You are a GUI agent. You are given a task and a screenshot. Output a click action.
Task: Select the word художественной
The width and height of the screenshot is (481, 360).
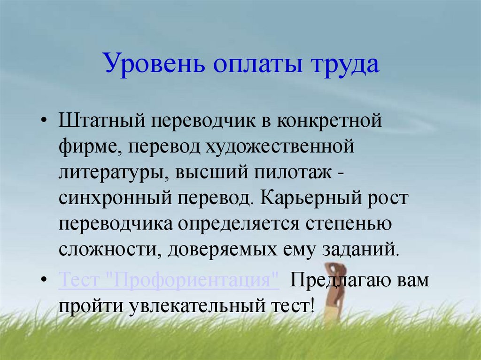coord(279,146)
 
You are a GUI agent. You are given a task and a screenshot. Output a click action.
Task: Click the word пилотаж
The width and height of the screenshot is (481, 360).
coord(293,173)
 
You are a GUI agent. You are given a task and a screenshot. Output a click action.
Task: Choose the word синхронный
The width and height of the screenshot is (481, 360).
coord(115,199)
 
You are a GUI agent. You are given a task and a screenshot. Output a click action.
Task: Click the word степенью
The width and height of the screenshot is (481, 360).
coord(349,225)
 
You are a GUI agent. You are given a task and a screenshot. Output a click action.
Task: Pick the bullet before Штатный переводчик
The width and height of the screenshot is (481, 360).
coord(44,121)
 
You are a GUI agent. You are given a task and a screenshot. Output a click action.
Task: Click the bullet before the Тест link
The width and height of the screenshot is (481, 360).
coord(44,280)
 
